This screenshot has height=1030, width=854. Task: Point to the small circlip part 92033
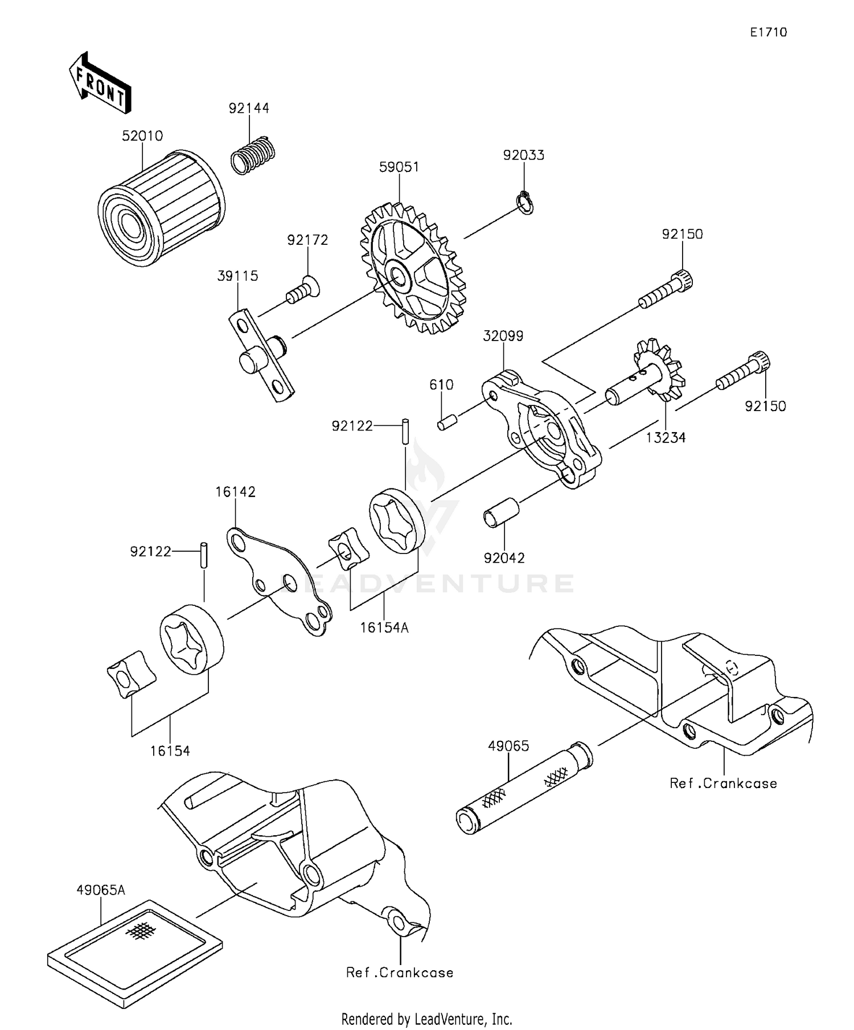pyautogui.click(x=525, y=203)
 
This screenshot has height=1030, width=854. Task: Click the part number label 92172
pyautogui.click(x=307, y=240)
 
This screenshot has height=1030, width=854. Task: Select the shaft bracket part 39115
pyautogui.click(x=262, y=357)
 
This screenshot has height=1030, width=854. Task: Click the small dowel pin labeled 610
pyautogui.click(x=447, y=423)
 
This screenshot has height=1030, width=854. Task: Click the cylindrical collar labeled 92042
pyautogui.click(x=501, y=514)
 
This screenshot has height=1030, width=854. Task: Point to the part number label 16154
pyautogui.click(x=170, y=750)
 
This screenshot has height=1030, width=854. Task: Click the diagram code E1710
pyautogui.click(x=768, y=32)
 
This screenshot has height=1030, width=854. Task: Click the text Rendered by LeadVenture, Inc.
pyautogui.click(x=426, y=1018)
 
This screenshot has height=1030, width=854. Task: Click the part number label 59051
pyautogui.click(x=399, y=167)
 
